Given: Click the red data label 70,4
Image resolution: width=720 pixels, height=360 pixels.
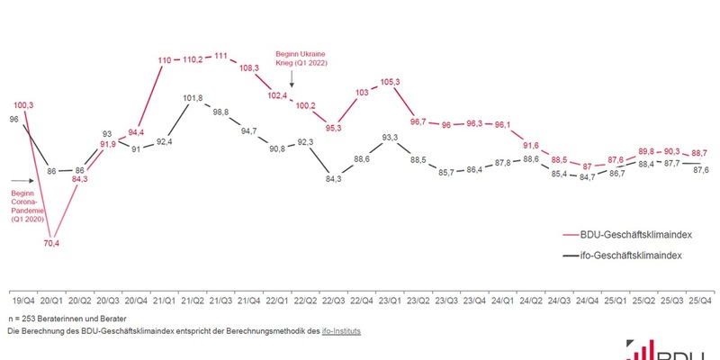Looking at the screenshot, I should [51, 242].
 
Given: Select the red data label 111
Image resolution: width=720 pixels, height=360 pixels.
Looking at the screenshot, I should [220, 57].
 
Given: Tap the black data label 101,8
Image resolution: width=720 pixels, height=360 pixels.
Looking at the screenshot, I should [192, 97].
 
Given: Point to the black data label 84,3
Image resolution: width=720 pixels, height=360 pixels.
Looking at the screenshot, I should [333, 179].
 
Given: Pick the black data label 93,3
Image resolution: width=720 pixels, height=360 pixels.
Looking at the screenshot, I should [390, 138].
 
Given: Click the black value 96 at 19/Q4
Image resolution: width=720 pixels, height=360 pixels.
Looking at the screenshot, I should [13, 118].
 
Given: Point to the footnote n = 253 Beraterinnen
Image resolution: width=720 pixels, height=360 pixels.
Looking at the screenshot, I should [67, 319].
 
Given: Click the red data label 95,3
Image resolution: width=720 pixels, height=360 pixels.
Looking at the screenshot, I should [333, 128].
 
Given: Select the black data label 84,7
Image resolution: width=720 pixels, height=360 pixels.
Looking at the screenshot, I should [587, 177].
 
